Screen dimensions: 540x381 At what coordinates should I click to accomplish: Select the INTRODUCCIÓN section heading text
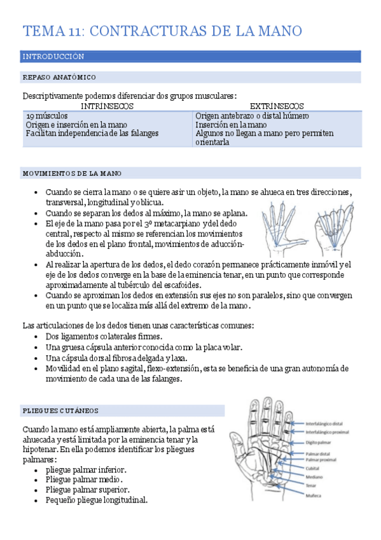[53, 57]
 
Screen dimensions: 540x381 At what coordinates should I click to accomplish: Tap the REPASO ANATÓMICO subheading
[59, 78]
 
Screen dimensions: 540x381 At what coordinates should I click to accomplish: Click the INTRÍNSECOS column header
[107, 106]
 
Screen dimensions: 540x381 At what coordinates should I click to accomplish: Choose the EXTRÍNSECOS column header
[277, 106]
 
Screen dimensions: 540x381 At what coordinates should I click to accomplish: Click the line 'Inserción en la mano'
[232, 125]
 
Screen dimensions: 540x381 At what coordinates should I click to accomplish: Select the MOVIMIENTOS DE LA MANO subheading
[73, 173]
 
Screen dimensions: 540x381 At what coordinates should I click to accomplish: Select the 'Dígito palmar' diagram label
[319, 441]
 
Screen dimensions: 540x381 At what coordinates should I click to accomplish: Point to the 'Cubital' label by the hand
[312, 468]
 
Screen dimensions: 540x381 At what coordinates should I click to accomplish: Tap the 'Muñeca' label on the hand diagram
[313, 495]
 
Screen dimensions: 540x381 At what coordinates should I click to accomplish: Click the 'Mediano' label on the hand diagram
[314, 476]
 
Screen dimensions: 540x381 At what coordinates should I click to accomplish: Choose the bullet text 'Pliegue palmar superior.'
[87, 490]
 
